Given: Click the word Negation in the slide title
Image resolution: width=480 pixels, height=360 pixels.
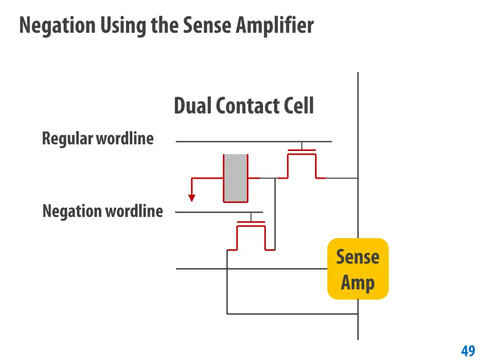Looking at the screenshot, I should tap(57, 25).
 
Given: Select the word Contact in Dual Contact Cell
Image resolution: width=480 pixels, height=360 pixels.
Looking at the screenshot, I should tap(242, 106).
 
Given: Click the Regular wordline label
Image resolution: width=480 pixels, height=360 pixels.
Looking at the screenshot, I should tap(97, 138).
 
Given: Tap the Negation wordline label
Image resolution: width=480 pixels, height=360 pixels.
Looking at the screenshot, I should tap(102, 211).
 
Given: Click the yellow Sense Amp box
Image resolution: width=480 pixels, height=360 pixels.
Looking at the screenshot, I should tap(358, 269).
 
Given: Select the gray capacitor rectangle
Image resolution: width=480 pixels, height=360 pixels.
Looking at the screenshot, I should tap(235, 178).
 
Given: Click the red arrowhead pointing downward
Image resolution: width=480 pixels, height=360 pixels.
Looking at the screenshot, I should tap(191, 198).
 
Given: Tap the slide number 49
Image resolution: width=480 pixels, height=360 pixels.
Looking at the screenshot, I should tap(468, 351).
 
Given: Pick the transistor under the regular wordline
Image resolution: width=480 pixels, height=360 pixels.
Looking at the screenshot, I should tap(301, 164).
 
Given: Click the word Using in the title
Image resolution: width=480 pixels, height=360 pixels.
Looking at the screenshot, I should tap(124, 25).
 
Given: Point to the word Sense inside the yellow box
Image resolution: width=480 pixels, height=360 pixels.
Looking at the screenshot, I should tap(358, 257).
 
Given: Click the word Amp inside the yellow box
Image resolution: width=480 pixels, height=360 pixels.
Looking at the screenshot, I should tap(358, 283).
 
